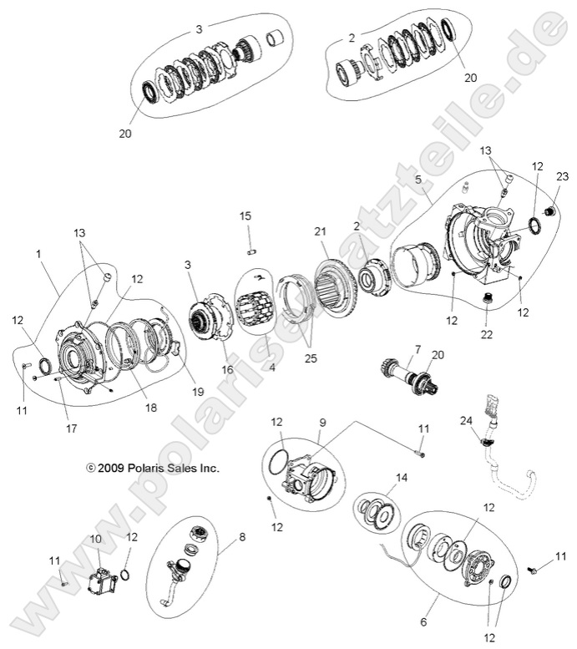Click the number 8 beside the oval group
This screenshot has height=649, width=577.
pyautogui.click(x=243, y=538)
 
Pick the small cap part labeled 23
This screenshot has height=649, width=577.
pyautogui.click(x=549, y=209)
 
